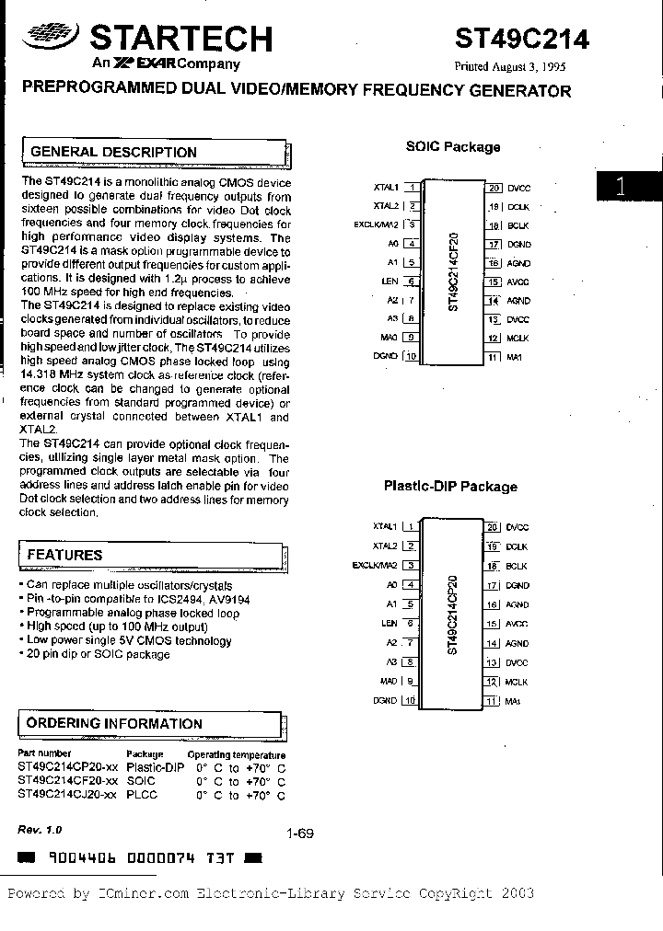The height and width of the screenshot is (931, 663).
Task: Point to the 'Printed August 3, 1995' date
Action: point(507,67)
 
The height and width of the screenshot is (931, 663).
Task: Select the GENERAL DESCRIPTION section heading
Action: point(113,152)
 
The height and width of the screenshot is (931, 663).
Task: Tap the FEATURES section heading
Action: point(64,555)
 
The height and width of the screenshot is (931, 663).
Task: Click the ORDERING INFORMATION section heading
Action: point(114,723)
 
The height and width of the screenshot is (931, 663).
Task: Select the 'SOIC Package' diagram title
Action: point(453,146)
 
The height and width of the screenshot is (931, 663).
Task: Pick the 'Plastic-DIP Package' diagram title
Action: point(450,487)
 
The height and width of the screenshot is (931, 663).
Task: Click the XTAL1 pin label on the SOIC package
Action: point(385,187)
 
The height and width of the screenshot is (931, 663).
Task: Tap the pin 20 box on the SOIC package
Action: point(494,188)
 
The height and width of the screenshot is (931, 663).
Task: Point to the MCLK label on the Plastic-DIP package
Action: point(518,682)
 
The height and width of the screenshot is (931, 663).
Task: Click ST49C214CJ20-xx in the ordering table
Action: point(67,794)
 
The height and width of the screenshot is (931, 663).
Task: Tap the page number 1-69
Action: point(300,833)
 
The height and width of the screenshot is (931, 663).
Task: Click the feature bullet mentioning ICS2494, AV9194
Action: point(114,599)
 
